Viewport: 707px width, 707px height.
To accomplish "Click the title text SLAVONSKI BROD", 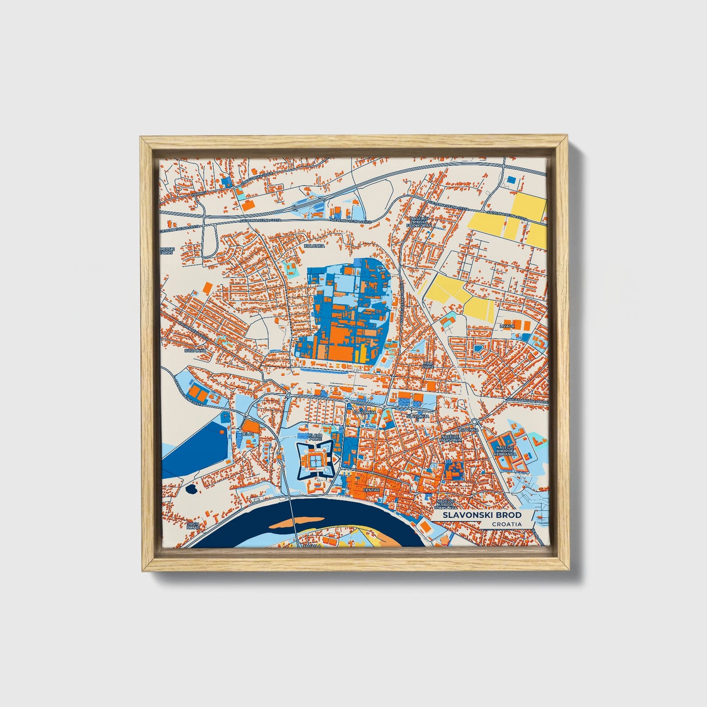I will click(482, 515).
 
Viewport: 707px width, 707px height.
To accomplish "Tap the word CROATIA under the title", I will click(506, 525).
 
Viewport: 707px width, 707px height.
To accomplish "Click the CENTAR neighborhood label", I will click(372, 490).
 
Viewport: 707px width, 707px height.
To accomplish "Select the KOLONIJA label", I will click(314, 246).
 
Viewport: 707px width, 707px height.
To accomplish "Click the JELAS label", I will click(246, 433).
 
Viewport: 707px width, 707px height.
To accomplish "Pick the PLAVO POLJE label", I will click(315, 436).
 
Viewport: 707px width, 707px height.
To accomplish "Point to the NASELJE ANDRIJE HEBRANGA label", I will click(505, 451).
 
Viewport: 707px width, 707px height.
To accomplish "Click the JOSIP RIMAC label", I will click(192, 526).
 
